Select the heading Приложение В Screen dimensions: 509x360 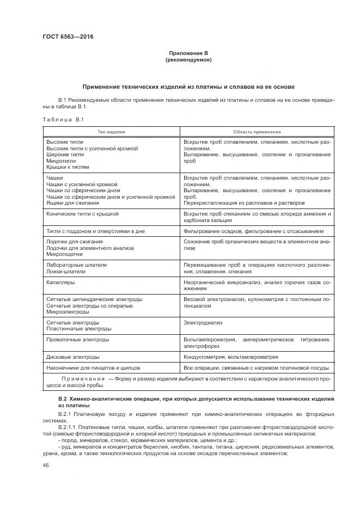(x=188, y=53)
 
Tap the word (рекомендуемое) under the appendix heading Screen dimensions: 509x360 (x=188, y=59)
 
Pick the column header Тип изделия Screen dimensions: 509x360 (x=112, y=132)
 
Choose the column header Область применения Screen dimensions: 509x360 (x=257, y=132)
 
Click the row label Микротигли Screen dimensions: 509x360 (x=61, y=161)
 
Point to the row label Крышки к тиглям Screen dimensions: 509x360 (x=68, y=168)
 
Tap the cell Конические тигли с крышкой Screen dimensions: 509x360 (x=82, y=214)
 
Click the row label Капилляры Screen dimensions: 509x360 (x=61, y=283)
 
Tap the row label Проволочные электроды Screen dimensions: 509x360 (x=78, y=339)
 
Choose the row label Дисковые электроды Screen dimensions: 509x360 (x=73, y=357)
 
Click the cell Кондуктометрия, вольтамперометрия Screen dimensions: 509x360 (x=231, y=357)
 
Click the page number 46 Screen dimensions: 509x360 (x=45, y=465)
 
